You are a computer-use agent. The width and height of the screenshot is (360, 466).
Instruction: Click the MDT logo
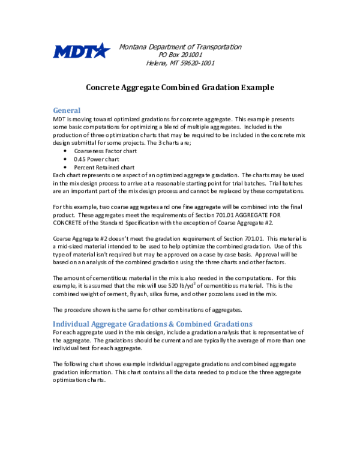(82, 52)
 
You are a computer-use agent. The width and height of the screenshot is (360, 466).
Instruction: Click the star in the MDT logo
(103, 50)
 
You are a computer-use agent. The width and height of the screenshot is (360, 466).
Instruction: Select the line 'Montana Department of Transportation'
(180, 47)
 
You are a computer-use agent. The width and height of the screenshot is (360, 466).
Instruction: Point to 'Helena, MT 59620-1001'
(180, 62)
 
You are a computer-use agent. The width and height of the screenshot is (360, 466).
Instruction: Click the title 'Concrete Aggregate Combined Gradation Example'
(180, 87)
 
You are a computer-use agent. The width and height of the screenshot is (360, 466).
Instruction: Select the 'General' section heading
(67, 110)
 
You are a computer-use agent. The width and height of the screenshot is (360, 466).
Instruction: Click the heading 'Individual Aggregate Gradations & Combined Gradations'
(153, 324)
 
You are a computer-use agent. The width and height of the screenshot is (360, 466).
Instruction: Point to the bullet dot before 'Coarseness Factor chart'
(65, 151)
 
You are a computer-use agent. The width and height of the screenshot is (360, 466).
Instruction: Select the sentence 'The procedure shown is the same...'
(147, 309)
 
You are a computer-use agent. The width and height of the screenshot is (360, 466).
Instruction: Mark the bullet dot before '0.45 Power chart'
(65, 159)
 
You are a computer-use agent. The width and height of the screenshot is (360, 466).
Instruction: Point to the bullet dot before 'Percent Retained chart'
(65, 167)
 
